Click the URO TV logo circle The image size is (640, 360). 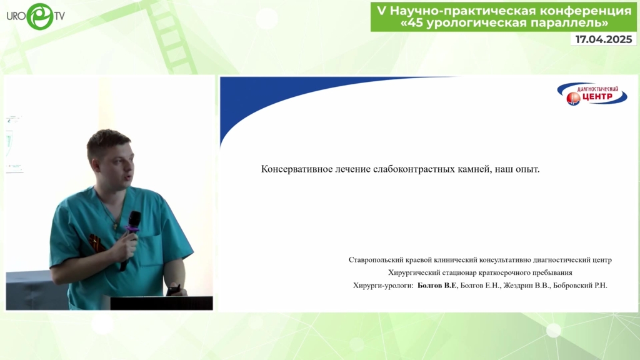40,16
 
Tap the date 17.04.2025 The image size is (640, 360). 604,39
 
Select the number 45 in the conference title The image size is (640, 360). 415,23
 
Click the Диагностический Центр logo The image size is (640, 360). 592,94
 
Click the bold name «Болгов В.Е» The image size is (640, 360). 437,285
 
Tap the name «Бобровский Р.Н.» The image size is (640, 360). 580,285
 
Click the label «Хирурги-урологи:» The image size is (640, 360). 383,286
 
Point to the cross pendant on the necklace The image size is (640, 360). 115,225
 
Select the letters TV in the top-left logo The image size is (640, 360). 59,16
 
